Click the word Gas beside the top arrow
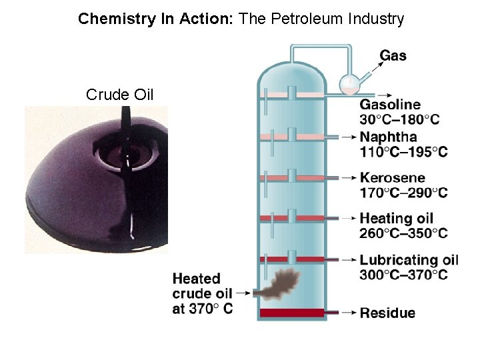click(393, 56)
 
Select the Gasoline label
click(390, 105)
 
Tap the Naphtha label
click(388, 137)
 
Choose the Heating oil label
click(396, 218)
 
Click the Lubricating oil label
click(409, 260)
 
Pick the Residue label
click(387, 313)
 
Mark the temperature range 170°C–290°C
click(403, 193)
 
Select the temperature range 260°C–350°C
click(403, 233)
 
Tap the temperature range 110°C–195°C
click(403, 152)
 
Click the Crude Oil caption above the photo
click(120, 95)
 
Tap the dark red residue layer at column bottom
click(291, 313)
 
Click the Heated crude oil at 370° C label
click(202, 293)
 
